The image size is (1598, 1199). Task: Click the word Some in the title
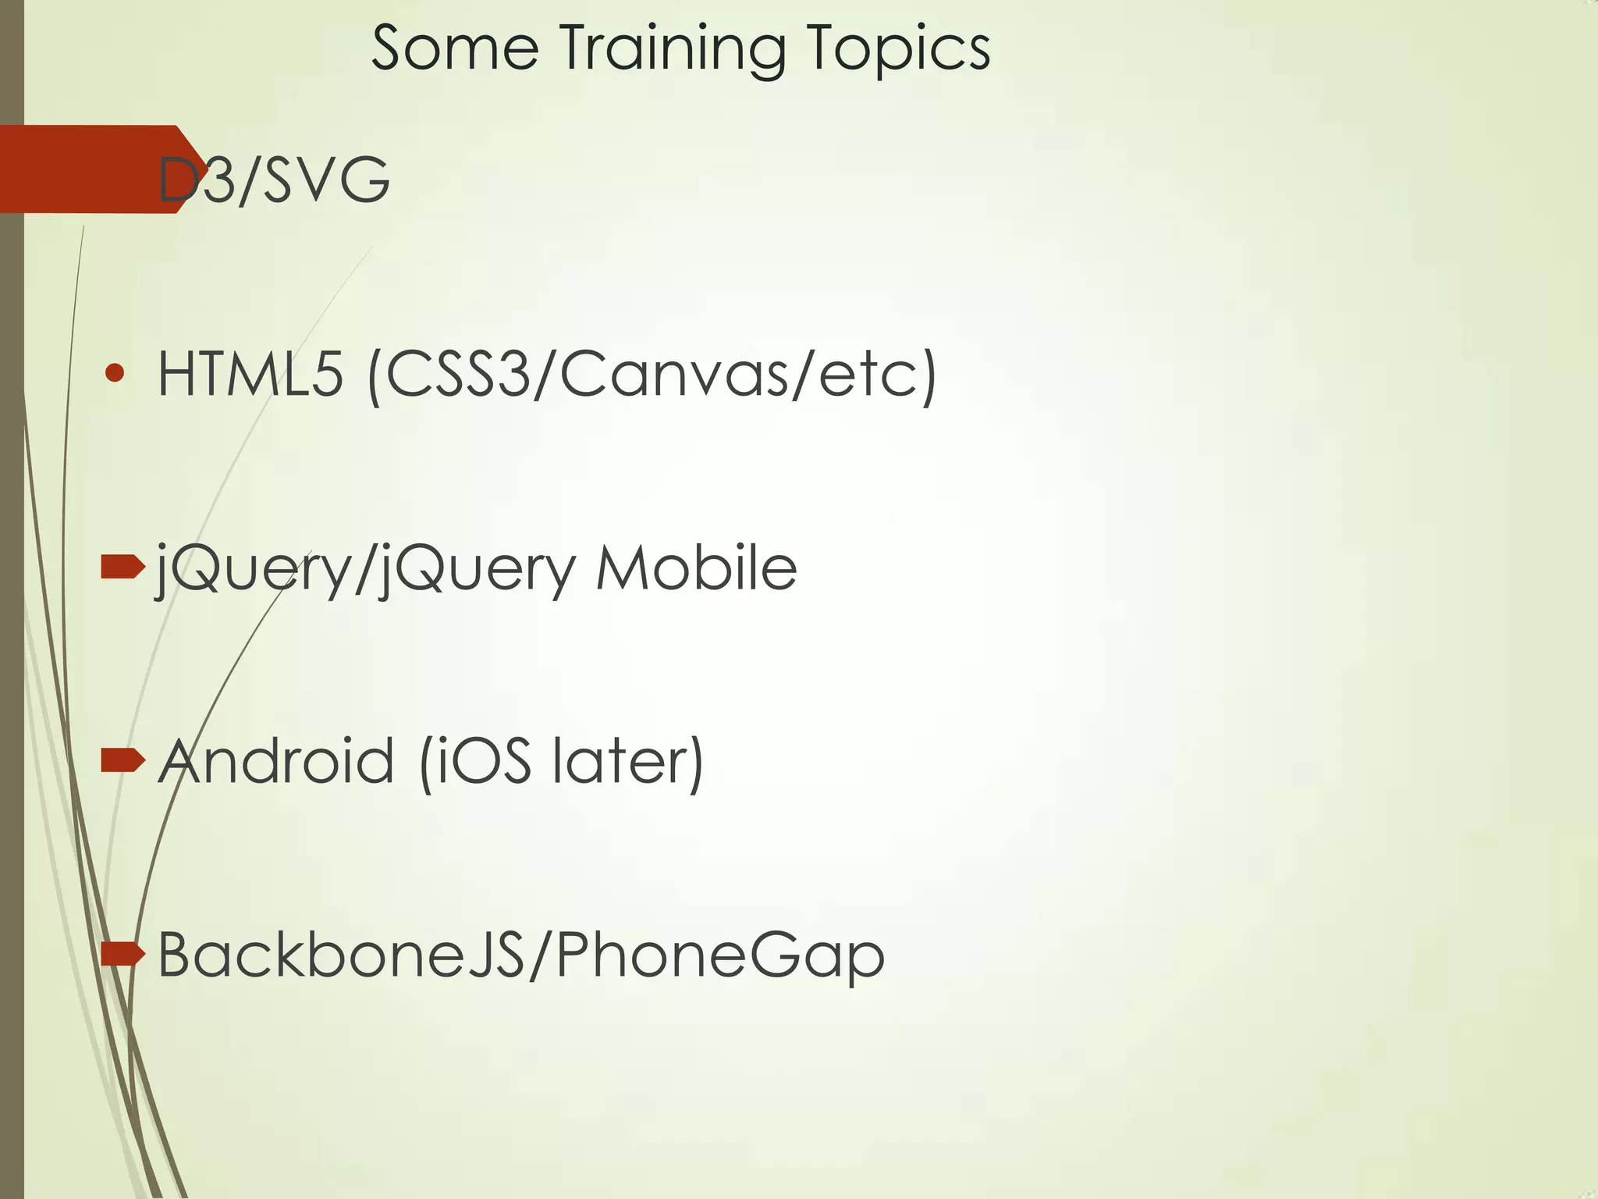tap(454, 48)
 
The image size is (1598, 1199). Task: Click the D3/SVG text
tap(273, 180)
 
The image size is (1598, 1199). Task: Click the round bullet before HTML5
tap(115, 373)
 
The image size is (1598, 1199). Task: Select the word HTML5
tap(250, 374)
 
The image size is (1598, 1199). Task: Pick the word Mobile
tap(696, 567)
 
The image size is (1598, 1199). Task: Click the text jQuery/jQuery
tap(367, 571)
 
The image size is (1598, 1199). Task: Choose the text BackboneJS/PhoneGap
tap(521, 955)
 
